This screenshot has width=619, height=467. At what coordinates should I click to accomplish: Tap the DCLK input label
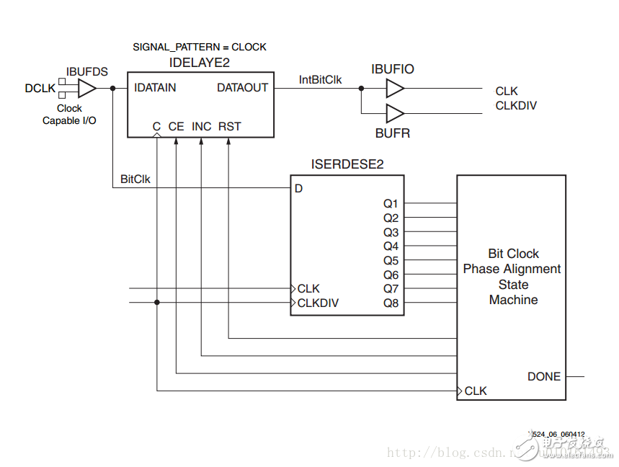point(40,88)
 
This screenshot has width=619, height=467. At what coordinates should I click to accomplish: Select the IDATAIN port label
point(155,88)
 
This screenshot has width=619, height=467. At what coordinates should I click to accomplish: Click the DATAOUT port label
point(242,88)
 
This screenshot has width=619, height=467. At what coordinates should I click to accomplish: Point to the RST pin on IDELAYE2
point(229,126)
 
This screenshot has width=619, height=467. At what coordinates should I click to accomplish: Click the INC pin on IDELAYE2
point(202,126)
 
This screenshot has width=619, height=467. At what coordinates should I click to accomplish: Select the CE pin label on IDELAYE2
point(177,126)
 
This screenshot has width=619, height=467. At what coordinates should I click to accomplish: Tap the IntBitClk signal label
point(320,80)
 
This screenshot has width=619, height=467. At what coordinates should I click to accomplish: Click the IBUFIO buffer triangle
point(395,89)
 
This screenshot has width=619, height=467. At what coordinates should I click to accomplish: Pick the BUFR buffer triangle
point(395,113)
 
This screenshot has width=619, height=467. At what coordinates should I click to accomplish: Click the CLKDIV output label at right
point(516,105)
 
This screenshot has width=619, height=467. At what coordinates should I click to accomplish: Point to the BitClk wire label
point(135,179)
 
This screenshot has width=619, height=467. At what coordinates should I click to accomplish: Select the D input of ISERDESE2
point(299,189)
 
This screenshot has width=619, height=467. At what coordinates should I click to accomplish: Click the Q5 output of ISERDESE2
point(391,260)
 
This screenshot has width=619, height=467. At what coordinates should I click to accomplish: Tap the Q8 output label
point(391,303)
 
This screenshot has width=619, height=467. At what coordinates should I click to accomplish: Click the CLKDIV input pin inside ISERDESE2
point(318,303)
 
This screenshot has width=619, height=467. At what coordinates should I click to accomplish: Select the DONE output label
point(544,376)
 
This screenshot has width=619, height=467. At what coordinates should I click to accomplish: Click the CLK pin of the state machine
point(476,391)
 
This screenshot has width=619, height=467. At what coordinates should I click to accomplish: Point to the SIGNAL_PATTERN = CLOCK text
point(200,47)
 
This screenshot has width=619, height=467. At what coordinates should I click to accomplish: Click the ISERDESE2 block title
point(347,164)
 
